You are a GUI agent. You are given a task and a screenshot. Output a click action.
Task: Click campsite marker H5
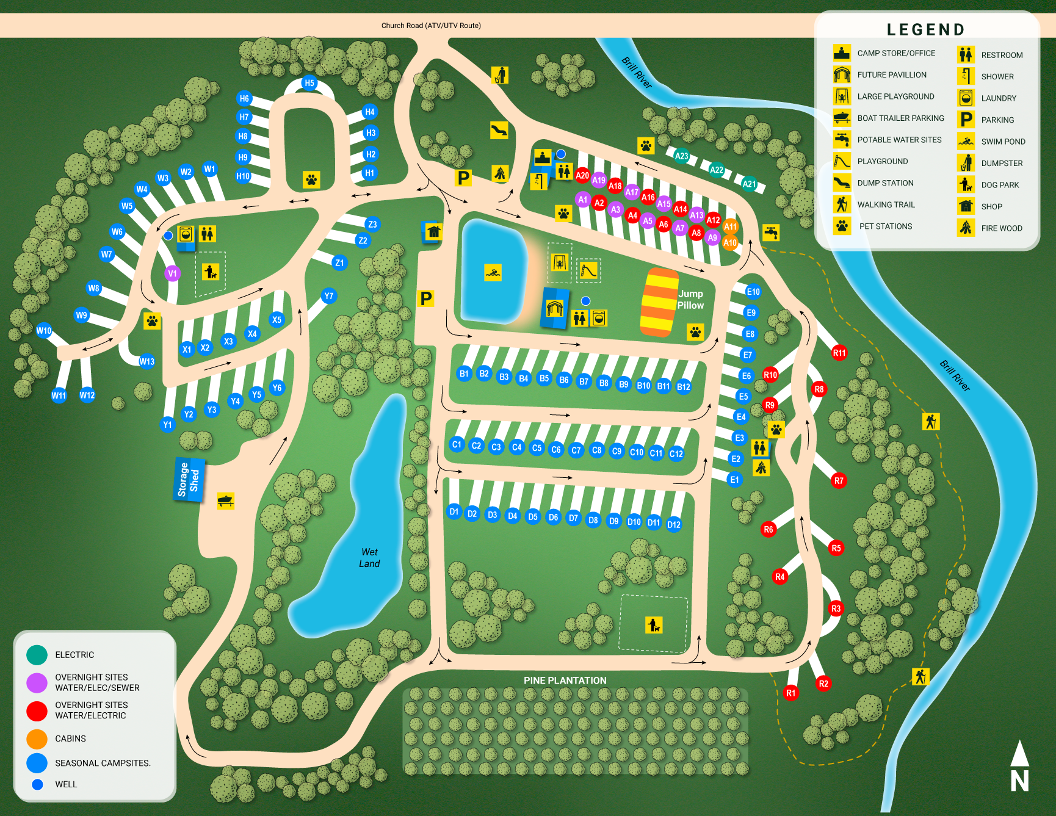coord(309,83)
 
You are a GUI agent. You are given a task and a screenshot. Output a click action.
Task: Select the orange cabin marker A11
coord(730,227)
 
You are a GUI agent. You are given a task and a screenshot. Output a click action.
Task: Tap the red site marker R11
coord(839,353)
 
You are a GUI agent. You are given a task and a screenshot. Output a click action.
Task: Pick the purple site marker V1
coord(172,273)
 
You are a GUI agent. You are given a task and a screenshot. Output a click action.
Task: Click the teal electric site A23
coord(681,156)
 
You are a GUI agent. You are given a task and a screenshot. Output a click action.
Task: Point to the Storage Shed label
coord(189,480)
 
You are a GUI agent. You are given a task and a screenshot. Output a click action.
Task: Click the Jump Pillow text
coord(690,300)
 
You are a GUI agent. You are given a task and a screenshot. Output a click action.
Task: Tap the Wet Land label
coord(369,558)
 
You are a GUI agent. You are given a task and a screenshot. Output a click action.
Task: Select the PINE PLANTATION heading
coord(565,681)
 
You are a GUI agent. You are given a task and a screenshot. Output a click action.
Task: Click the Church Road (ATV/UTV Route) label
coord(431,26)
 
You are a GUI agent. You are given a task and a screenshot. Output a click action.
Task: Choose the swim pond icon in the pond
coord(493,272)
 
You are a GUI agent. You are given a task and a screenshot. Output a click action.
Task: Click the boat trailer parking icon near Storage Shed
coord(225,501)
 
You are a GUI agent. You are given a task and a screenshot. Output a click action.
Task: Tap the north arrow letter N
coord(1019,781)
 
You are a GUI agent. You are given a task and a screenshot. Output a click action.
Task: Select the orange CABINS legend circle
coord(37,738)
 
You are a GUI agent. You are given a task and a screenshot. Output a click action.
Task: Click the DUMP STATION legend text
coord(885,183)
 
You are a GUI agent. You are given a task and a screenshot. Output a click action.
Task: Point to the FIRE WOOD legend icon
coord(966,228)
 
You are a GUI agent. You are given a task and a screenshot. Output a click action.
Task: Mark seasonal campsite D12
coord(674,525)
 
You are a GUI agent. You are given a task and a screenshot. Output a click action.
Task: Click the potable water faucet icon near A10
coord(771,233)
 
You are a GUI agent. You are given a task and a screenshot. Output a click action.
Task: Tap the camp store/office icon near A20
coord(543,157)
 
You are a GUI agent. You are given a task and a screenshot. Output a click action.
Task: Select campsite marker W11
coord(59,395)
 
